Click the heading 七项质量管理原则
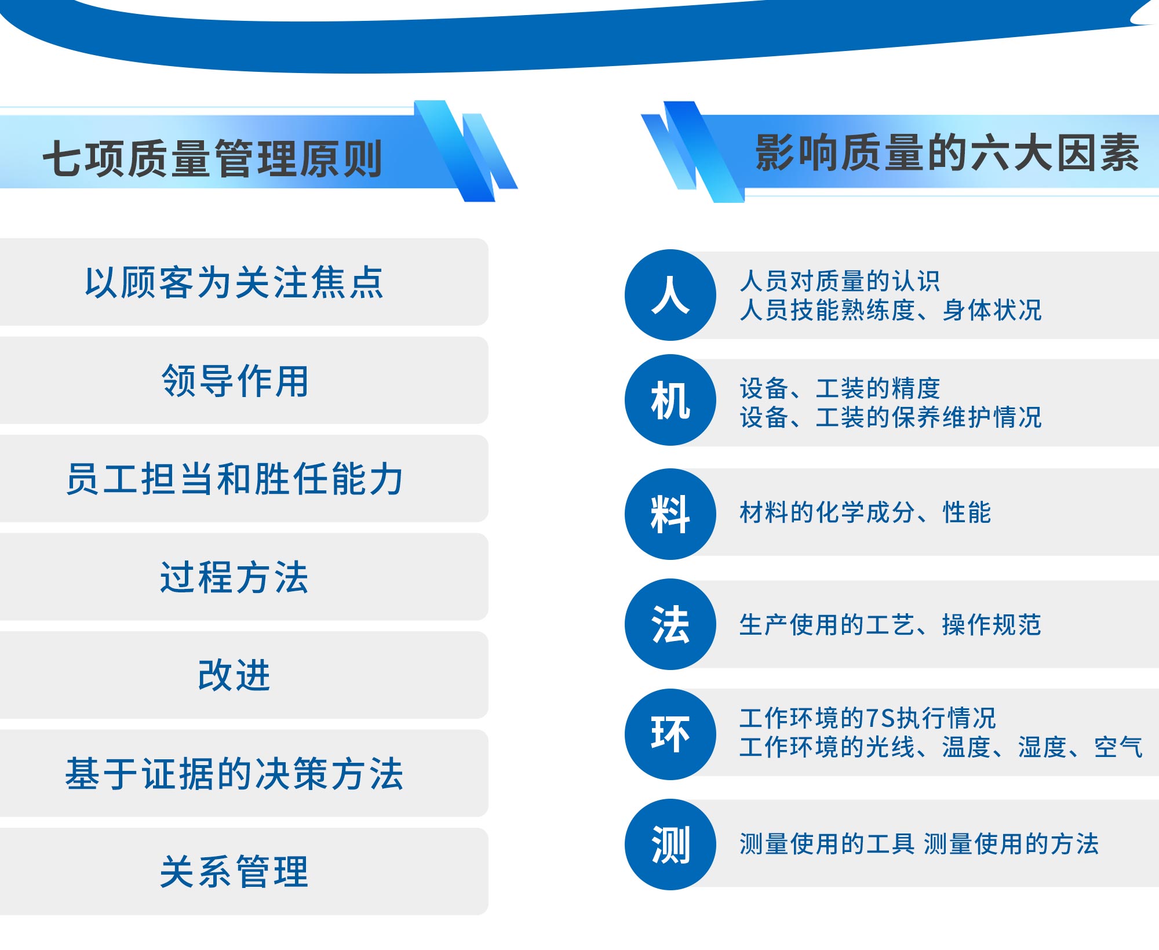pos(212,158)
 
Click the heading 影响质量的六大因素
pos(947,152)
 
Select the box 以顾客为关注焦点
pos(243,282)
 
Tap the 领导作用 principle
pos(243,380)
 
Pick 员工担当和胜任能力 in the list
pos(243,478)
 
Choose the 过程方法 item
pos(243,577)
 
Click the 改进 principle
pos(243,675)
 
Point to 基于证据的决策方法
pos(243,773)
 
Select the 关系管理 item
pos(243,871)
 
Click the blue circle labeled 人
pos(670,295)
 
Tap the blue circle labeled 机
pos(670,400)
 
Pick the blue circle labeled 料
pos(670,514)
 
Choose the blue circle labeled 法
pos(670,624)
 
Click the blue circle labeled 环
pos(670,734)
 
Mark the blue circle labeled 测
pos(670,845)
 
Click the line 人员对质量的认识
pos(840,281)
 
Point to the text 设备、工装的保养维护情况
pos(891,417)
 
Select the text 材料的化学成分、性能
pos(865,512)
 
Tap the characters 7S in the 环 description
pos(880,718)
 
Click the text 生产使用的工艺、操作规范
pos(891,625)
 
